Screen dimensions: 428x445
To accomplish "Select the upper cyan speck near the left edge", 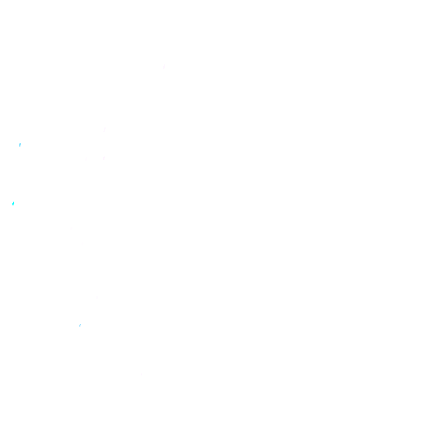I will click(20, 145).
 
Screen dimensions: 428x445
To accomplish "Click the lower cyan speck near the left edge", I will click(13, 203).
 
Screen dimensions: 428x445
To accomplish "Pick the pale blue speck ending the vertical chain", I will click(80, 325).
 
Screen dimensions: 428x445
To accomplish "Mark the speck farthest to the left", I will click(13, 203).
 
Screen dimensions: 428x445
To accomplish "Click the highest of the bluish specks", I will click(20, 145).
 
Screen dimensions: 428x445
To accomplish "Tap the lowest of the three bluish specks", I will click(80, 325).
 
